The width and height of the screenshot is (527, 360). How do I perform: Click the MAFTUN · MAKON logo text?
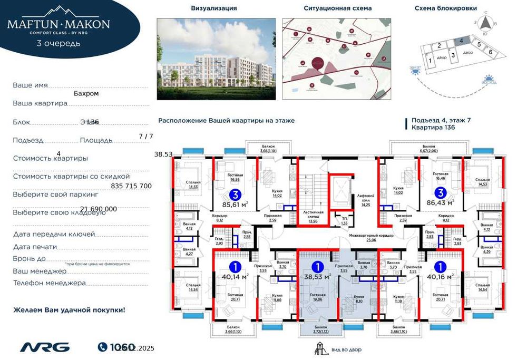pyautogui.click(x=58, y=24)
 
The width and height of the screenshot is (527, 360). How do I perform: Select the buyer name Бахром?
pyautogui.click(x=86, y=93)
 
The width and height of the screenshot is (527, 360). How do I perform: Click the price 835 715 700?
pyautogui.click(x=132, y=186)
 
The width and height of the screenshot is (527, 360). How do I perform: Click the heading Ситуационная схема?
pyautogui.click(x=338, y=8)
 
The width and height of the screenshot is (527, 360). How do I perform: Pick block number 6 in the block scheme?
pyautogui.click(x=490, y=52)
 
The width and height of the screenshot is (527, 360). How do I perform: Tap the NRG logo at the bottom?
pyautogui.click(x=45, y=347)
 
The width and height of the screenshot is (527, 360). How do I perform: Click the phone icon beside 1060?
pyautogui.click(x=103, y=347)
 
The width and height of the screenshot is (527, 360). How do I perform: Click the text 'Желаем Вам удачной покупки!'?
pyautogui.click(x=69, y=310)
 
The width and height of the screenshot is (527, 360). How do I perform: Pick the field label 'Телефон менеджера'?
pyautogui.click(x=49, y=283)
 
